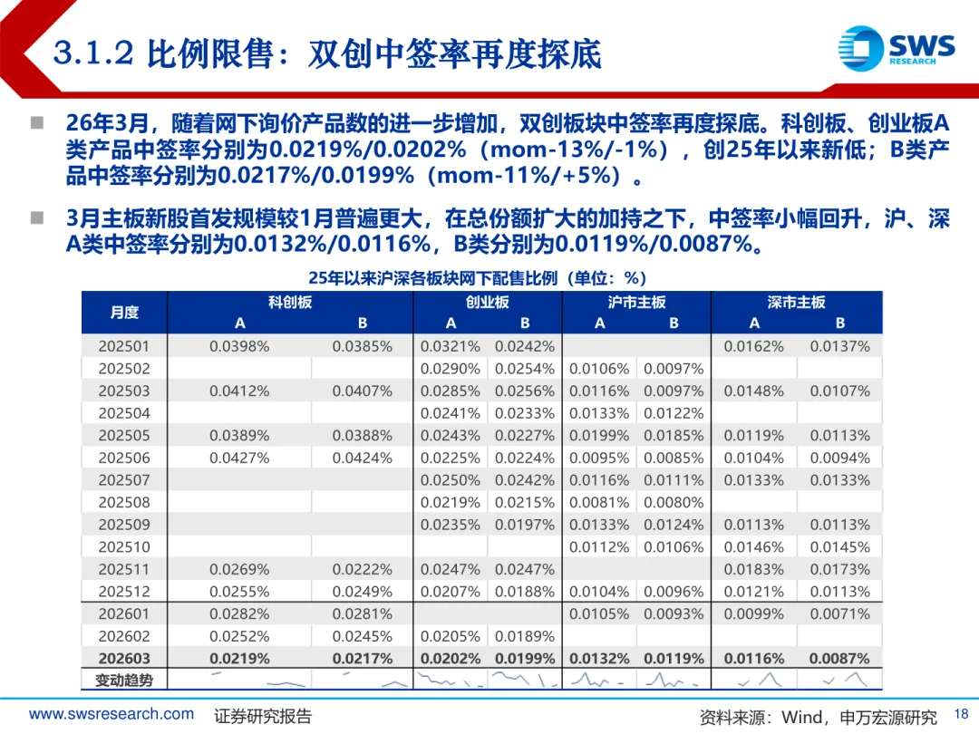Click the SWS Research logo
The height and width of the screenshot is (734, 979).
[x=895, y=47]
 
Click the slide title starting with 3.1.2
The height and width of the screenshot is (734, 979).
[x=327, y=53]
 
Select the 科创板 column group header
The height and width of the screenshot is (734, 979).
[x=290, y=303]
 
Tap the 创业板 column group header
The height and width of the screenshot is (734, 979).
[x=487, y=303]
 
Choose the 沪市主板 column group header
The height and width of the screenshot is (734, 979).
[x=636, y=303]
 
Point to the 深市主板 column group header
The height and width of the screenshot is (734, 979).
[x=796, y=303]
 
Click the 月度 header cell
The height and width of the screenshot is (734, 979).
[x=124, y=313]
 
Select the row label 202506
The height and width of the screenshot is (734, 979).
[x=124, y=458]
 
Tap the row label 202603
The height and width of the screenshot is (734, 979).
[x=124, y=659]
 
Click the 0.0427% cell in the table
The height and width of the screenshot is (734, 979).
[x=239, y=458]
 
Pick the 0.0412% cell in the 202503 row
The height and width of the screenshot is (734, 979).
[x=239, y=391]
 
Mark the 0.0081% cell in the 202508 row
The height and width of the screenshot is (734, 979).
[x=599, y=502]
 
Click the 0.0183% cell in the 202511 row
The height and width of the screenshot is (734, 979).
[x=753, y=569]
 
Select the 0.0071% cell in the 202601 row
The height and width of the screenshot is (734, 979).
[x=839, y=613]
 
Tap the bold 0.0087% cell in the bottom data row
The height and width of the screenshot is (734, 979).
[x=839, y=659]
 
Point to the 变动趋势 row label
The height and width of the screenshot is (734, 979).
[x=124, y=680]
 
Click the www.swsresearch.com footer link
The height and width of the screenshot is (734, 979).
[x=111, y=714]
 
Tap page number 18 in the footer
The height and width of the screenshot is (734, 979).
[x=962, y=714]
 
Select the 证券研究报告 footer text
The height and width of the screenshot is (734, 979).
[x=263, y=716]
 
